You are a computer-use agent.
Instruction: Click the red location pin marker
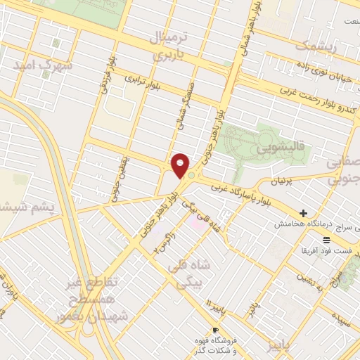181,165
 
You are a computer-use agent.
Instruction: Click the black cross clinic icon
303,213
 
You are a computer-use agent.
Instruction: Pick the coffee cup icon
215,330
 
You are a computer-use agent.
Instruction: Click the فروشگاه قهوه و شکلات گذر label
214,345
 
